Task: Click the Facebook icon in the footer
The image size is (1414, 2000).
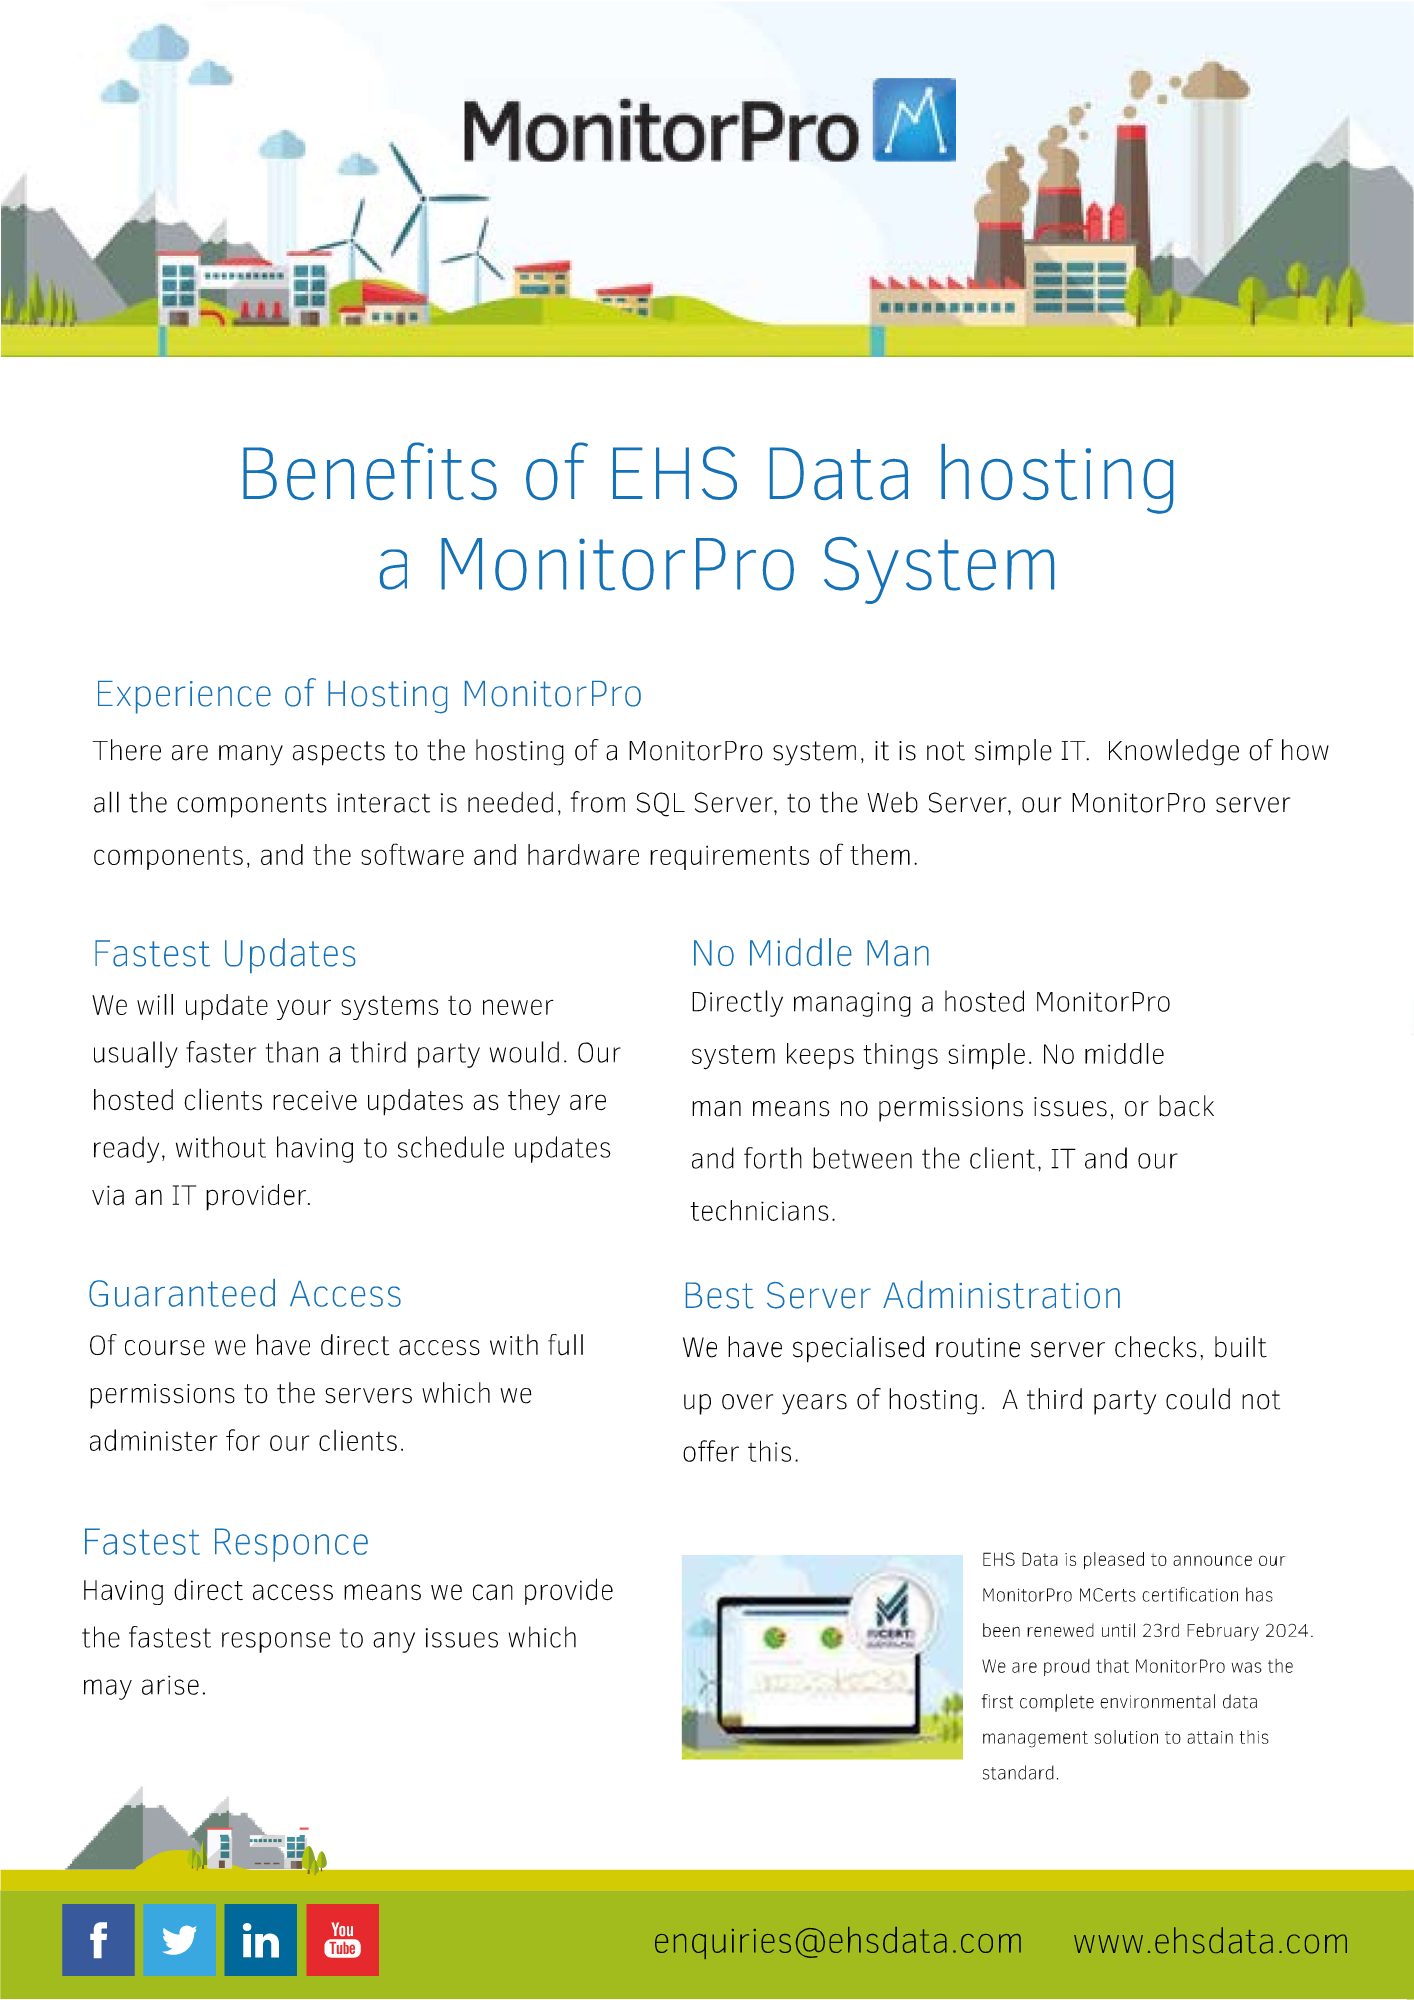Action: tap(98, 1940)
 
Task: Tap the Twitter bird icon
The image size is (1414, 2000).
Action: tap(179, 1940)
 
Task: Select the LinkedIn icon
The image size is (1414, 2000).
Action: tap(260, 1940)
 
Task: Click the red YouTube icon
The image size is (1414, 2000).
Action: tap(342, 1940)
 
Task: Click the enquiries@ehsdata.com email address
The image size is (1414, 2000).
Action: tap(837, 1941)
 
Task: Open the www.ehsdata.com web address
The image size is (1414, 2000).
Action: tap(1210, 1941)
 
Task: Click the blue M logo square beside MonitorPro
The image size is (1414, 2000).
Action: tap(914, 120)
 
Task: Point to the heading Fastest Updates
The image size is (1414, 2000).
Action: tap(224, 954)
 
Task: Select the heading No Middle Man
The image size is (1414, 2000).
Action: tap(810, 954)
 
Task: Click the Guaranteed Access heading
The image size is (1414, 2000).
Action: tap(245, 1294)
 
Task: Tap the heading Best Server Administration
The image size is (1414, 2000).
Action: tap(902, 1296)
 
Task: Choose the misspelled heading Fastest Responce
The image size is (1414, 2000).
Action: tap(226, 1542)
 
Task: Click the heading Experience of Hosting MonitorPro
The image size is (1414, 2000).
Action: tap(368, 694)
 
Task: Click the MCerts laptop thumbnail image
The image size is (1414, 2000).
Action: tap(821, 1656)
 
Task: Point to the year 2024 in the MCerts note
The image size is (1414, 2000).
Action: tap(1286, 1631)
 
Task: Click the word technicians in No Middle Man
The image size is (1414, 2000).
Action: tap(761, 1211)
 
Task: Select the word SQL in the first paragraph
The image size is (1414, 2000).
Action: tap(659, 803)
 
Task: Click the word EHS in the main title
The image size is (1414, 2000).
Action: tap(674, 474)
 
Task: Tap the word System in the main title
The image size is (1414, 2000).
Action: tap(939, 566)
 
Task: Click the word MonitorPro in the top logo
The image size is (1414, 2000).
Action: tap(660, 132)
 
